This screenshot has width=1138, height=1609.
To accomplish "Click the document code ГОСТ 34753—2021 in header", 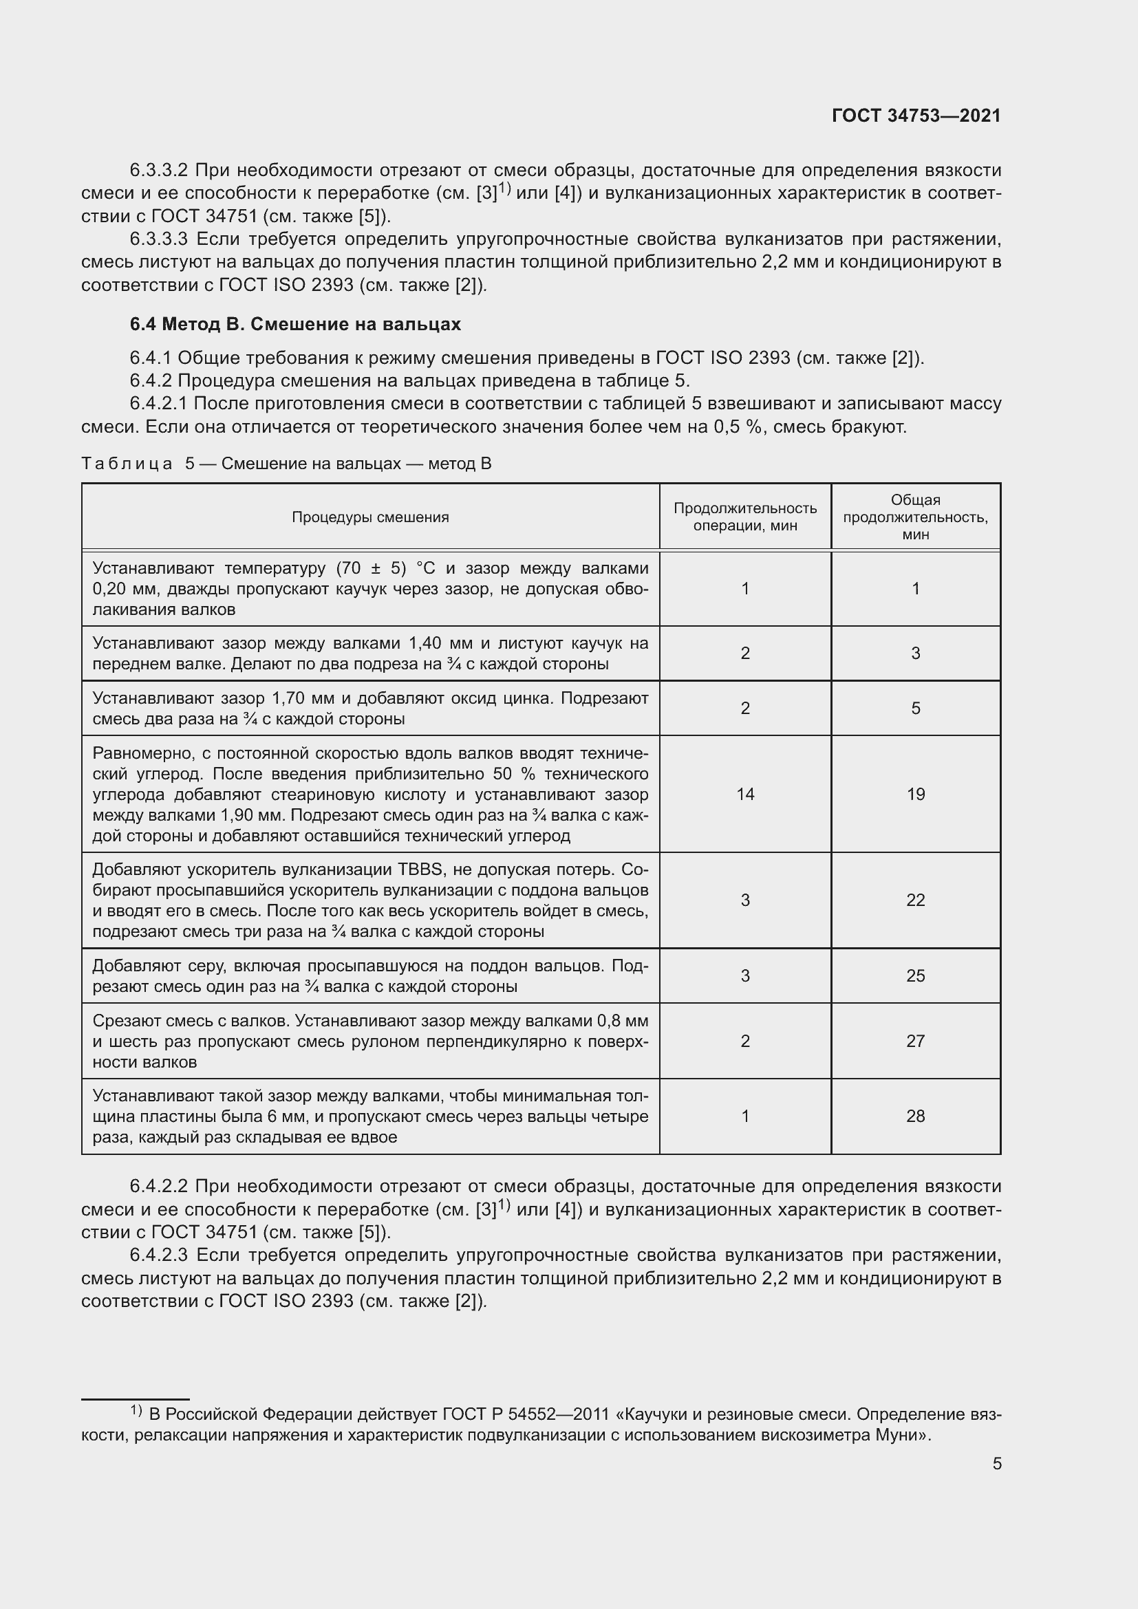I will tap(916, 116).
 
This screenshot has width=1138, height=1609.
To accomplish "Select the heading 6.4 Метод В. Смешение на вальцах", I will tap(295, 325).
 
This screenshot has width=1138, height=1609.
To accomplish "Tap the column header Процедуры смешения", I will tap(370, 517).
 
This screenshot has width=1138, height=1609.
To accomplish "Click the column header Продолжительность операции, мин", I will tap(745, 517).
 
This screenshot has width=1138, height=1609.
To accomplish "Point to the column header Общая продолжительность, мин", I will tap(915, 517).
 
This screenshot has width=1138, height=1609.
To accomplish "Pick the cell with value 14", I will tap(745, 794).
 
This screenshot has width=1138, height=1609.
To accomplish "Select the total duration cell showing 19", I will tap(915, 794).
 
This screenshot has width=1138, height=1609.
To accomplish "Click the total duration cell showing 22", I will tap(915, 900).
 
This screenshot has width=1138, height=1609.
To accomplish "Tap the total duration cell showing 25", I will tap(915, 975).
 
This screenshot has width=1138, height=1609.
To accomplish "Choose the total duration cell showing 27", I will tap(915, 1041).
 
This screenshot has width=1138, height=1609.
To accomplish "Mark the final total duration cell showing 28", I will tap(915, 1116).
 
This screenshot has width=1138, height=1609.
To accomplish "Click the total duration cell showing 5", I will tap(915, 708).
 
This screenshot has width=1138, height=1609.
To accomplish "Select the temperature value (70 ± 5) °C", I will tap(385, 568).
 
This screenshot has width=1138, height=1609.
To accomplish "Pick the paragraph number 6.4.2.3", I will tap(159, 1255).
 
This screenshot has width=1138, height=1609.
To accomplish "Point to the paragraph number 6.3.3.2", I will tap(159, 171).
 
